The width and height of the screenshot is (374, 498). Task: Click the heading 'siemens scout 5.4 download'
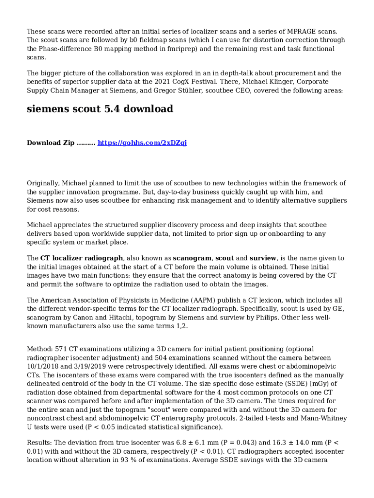click(100, 109)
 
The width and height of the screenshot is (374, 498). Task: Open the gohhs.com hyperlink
click(142, 143)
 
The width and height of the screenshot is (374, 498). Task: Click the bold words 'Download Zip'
click(51, 143)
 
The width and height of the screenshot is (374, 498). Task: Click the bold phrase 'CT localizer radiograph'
click(82, 258)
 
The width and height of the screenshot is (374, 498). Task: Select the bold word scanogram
click(192, 258)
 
